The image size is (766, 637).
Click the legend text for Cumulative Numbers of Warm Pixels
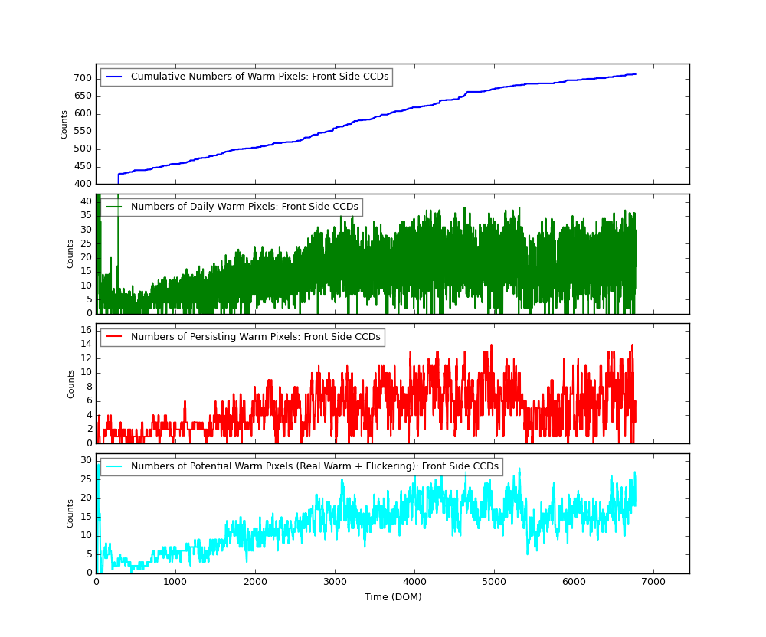click(x=260, y=77)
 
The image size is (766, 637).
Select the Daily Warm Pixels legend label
click(x=244, y=207)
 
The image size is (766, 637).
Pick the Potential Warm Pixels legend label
click(x=315, y=466)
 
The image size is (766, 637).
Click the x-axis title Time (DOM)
click(x=393, y=597)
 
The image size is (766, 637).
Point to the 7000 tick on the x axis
click(x=653, y=582)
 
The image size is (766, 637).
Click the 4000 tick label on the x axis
click(x=414, y=582)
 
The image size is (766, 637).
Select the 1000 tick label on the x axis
click(x=175, y=582)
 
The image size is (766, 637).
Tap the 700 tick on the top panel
click(x=83, y=78)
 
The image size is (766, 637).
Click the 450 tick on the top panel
click(x=83, y=166)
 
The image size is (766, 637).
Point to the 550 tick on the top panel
click(x=83, y=131)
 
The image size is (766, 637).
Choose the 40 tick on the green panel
click(x=87, y=201)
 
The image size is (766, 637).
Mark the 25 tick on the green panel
click(x=87, y=243)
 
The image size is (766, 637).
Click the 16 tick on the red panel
click(x=87, y=330)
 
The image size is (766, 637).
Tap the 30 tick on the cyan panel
click(x=87, y=460)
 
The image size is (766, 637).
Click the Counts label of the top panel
click(x=65, y=124)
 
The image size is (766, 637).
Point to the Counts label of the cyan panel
click(x=70, y=513)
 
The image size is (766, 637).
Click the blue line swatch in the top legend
click(x=114, y=77)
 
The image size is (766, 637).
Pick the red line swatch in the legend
click(x=114, y=337)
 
